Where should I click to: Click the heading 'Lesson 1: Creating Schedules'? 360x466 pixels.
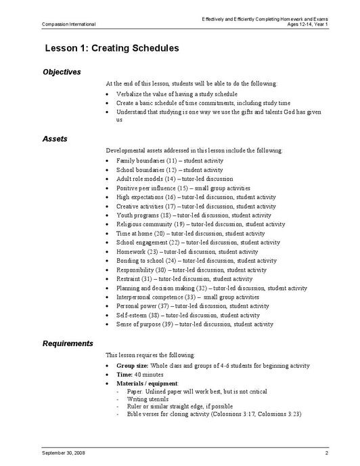point(112,49)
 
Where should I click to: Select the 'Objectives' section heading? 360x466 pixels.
point(62,72)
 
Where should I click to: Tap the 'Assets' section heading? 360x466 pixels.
point(55,138)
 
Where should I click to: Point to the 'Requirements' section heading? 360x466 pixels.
point(68,343)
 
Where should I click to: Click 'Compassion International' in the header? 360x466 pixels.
point(69,24)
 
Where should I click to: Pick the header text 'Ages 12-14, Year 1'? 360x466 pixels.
point(307,24)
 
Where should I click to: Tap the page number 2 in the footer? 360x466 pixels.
point(326,451)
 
